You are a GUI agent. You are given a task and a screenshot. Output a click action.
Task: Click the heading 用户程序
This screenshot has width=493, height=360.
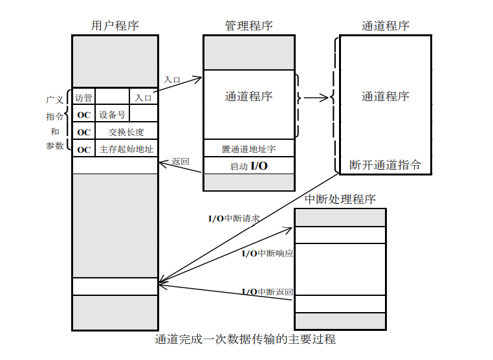115,26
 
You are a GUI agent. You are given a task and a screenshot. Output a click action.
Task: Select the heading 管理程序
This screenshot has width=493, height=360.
249,26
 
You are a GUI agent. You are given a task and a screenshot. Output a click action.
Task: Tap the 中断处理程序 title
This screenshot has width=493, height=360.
340,199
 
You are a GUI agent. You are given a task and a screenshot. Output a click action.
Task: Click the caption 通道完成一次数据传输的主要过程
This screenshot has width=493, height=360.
246,339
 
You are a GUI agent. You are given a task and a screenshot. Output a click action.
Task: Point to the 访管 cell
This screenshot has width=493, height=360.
83,98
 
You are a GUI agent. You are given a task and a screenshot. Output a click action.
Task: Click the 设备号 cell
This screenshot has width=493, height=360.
113,115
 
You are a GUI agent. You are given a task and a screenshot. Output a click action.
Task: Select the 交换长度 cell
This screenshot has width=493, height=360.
126,131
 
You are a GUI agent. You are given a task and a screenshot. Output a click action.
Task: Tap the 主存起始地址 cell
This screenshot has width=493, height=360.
126,149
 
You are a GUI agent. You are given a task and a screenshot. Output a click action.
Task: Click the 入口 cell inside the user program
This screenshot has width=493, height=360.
143,98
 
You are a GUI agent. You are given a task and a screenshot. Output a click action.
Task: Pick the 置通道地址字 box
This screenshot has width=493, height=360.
249,148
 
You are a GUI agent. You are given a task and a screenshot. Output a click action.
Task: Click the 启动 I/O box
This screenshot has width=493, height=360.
249,166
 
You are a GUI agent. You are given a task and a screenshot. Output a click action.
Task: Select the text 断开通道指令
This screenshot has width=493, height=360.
385,165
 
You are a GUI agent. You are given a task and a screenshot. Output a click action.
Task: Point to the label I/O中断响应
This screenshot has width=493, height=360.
267,253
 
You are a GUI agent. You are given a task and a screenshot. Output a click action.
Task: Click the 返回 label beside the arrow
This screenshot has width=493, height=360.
181,161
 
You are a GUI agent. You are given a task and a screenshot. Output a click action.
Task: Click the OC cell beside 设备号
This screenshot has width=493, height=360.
84,115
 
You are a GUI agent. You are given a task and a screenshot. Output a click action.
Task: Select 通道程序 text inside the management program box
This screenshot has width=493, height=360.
249,96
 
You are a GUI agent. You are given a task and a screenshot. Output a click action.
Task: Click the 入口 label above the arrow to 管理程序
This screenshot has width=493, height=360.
172,80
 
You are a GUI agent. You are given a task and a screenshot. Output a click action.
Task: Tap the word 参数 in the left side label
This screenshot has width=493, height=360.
55,146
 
